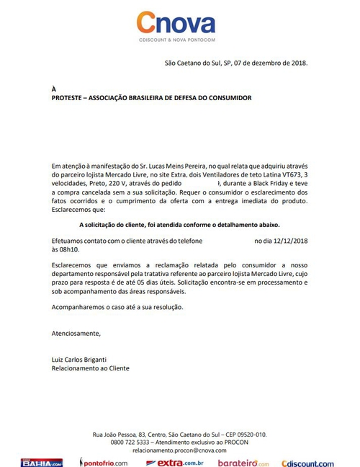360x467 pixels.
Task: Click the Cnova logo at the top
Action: [177, 25]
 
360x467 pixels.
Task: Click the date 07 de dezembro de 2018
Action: [267, 63]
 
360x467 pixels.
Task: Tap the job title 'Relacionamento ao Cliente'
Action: [91, 368]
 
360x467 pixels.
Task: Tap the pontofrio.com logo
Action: [107, 462]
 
